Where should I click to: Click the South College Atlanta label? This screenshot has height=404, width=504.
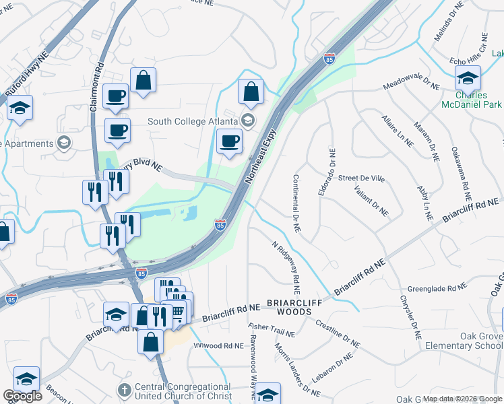pos(193,121)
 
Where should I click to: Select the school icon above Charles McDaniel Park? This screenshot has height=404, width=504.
pos(468,79)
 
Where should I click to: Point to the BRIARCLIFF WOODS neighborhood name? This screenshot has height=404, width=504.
pos(298,303)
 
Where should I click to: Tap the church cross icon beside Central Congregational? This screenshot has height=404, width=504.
pos(124,390)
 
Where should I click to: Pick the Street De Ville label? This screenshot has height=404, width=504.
pos(361,178)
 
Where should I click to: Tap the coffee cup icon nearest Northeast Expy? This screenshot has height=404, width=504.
pos(230,141)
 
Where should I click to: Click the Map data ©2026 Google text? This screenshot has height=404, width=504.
pos(462,399)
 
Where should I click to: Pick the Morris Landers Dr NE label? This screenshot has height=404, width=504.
pos(296,369)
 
